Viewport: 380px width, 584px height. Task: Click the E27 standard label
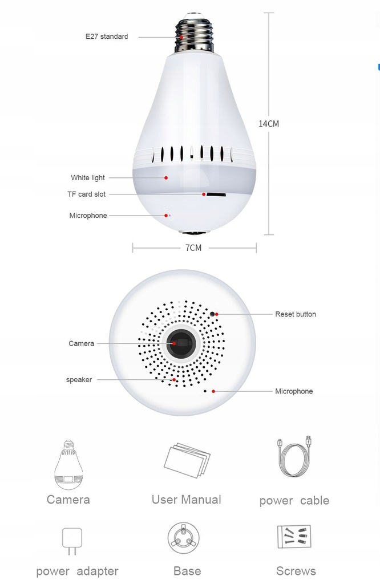coord(107,36)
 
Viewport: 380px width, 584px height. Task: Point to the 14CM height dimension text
coord(269,124)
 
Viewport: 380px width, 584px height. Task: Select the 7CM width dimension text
coord(193,248)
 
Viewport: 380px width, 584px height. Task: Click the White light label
coord(88,178)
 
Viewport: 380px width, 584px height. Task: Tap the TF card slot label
coord(86,194)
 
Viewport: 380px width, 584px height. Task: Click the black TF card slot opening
coord(216,194)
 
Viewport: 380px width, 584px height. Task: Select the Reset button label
coord(296,314)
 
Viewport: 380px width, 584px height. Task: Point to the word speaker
coord(79,380)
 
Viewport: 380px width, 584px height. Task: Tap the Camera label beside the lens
coord(81,343)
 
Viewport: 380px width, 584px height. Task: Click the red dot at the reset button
coord(217,314)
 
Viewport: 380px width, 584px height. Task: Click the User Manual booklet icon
coord(187,460)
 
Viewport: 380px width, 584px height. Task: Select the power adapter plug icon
coord(72,541)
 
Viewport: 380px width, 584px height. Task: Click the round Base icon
coord(183,538)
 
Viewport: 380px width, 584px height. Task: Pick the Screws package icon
coord(294,537)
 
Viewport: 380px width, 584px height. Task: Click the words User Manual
coord(186,500)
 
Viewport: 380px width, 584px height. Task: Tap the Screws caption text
coord(296,571)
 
